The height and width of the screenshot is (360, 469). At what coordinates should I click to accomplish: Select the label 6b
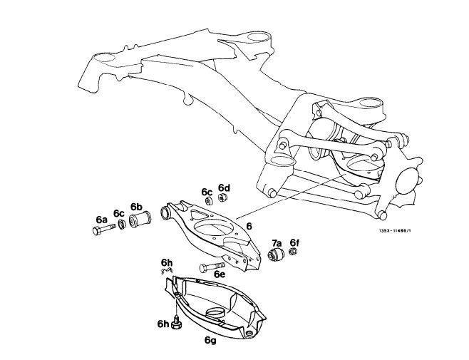[x=137, y=207]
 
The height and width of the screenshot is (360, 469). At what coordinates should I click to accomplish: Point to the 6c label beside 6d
[x=207, y=192]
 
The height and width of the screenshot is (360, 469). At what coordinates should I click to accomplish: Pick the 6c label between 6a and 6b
[x=118, y=213]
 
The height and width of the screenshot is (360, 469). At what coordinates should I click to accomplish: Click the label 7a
[x=277, y=242]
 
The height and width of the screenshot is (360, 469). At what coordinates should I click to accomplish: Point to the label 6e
[x=218, y=274]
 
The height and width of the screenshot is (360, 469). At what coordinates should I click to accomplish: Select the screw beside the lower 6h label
[x=177, y=324]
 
